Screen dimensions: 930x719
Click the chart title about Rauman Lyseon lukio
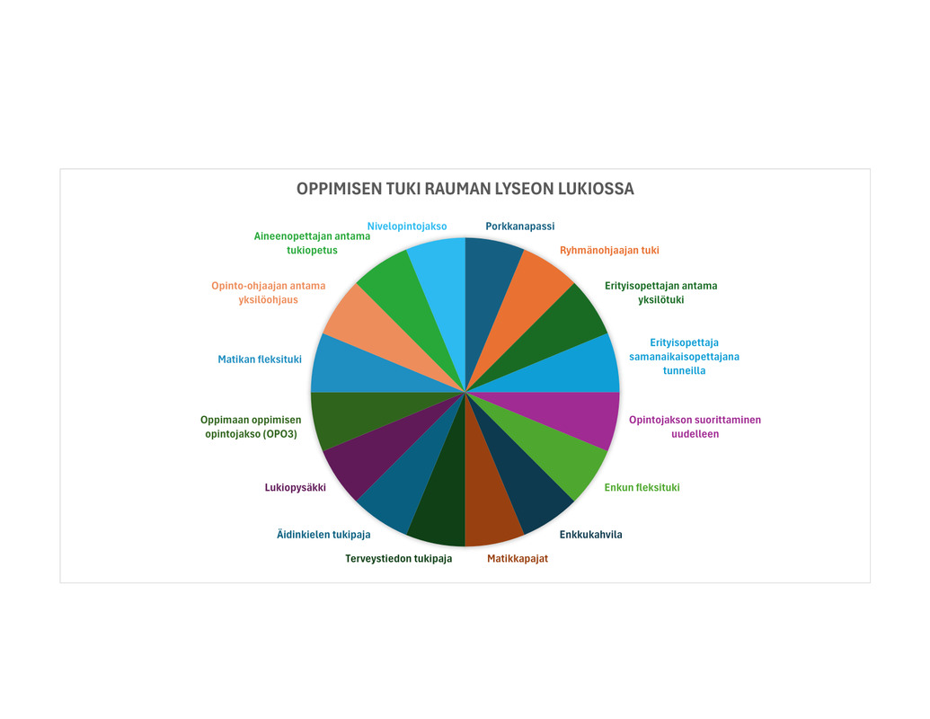[465, 189]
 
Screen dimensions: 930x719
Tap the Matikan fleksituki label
[260, 359]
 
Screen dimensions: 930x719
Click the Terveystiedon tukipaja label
[399, 558]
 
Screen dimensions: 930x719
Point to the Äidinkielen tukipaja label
[323, 534]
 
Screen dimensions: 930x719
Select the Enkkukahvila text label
[590, 535]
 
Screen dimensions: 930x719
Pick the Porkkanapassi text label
[520, 226]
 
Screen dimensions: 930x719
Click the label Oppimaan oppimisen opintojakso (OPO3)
[251, 427]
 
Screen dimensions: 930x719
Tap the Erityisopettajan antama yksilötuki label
[660, 292]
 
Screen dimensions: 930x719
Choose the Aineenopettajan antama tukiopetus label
[312, 243]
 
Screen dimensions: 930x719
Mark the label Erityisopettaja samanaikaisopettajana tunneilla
[684, 357]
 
